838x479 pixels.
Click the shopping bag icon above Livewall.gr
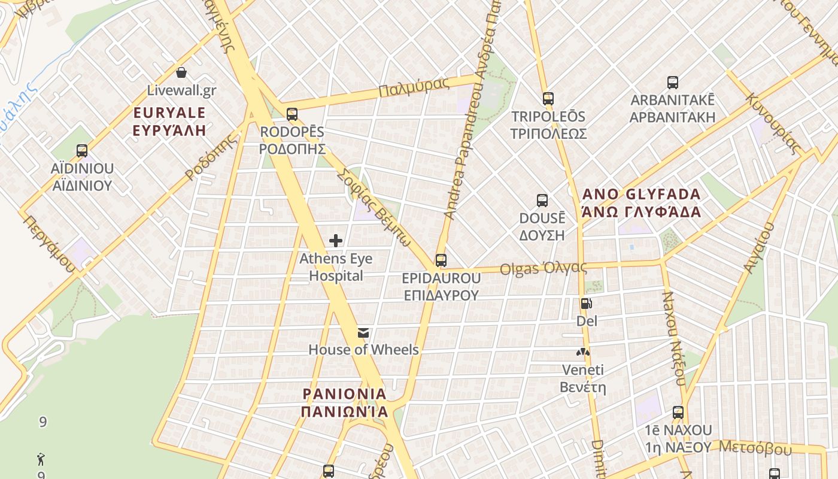click(181, 72)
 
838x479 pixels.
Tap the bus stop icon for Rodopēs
click(292, 114)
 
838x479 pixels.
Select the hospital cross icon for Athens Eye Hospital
click(336, 241)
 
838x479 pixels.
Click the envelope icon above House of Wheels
click(363, 333)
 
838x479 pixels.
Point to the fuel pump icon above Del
click(587, 304)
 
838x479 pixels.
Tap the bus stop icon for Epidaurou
click(441, 260)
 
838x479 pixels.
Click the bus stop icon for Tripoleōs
click(548, 99)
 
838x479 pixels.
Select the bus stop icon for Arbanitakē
click(673, 83)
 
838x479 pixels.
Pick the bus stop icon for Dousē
click(542, 201)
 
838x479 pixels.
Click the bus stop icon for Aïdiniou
click(82, 151)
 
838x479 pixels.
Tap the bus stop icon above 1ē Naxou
click(678, 413)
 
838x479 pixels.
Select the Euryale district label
click(169, 122)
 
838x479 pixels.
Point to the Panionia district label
click(344, 403)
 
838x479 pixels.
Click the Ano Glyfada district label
click(640, 203)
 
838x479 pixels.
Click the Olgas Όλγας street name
click(544, 268)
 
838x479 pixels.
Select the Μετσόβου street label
click(755, 448)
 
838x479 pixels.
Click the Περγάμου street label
click(50, 244)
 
